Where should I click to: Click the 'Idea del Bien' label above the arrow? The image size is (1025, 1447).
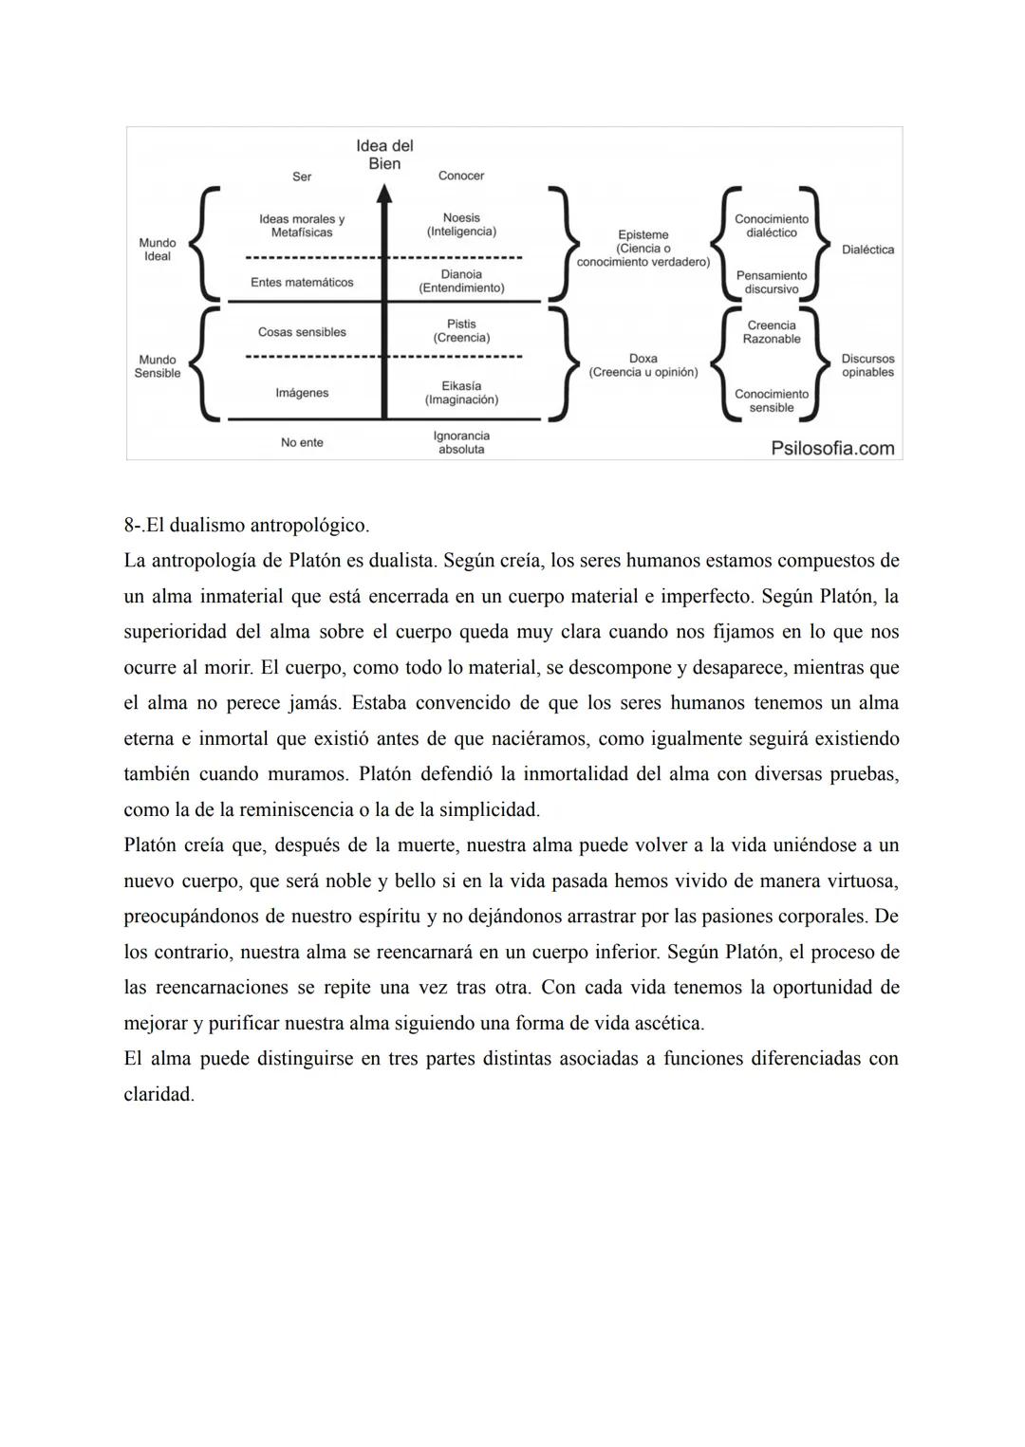click(384, 155)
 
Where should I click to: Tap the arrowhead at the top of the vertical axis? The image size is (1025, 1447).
click(384, 193)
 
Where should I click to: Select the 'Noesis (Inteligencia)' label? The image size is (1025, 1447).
click(461, 225)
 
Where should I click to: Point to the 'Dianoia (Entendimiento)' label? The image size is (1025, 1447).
click(461, 281)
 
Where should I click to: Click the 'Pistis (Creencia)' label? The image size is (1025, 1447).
click(461, 331)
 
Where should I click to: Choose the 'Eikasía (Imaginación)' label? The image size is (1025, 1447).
click(461, 393)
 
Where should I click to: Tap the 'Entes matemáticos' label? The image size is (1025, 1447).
click(302, 283)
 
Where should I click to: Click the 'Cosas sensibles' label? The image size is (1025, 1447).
click(302, 332)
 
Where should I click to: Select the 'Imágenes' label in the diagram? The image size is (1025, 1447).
click(302, 393)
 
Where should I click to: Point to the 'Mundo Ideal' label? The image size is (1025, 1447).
click(158, 250)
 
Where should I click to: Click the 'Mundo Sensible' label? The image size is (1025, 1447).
click(158, 366)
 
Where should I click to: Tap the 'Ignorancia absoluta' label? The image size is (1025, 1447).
click(461, 442)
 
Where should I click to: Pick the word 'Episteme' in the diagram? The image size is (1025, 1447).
click(643, 234)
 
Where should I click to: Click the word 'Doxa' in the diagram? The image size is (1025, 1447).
click(643, 359)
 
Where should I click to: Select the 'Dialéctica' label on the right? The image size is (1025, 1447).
click(867, 250)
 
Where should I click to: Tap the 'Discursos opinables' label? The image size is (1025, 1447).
click(867, 365)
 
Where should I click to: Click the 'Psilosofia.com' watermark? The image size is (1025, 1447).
click(832, 448)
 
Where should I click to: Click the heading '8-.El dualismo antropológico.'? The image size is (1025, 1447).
click(247, 525)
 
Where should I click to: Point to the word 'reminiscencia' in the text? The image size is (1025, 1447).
click(297, 810)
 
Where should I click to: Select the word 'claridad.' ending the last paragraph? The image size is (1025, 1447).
click(158, 1094)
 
